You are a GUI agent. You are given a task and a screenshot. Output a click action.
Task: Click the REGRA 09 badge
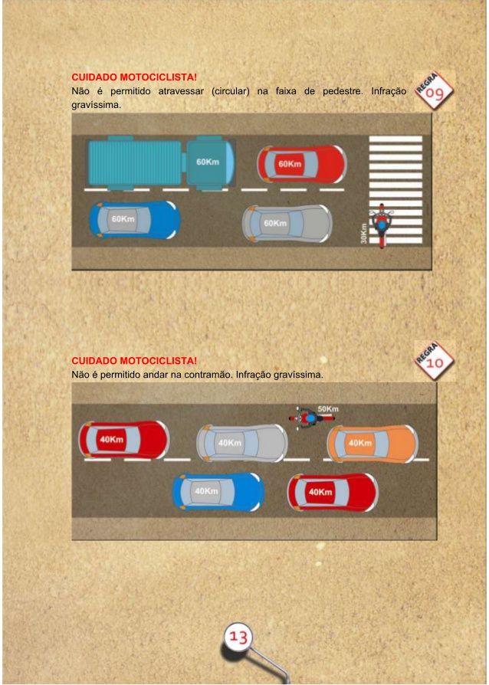tap(434, 91)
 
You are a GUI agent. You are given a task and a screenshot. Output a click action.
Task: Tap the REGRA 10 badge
tap(434, 361)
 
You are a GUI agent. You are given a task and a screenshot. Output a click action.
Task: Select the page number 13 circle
tap(238, 637)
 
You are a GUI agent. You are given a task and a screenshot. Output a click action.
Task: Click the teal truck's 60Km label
tap(208, 162)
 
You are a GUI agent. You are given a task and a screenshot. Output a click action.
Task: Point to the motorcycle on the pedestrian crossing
tap(382, 225)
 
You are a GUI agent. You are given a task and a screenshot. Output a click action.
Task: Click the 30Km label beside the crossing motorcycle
tap(363, 233)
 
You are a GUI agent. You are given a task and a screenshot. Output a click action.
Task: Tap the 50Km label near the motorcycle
tap(328, 409)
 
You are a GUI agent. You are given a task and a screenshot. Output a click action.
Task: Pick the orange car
tap(372, 443)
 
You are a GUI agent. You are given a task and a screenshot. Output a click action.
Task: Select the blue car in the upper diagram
tap(135, 219)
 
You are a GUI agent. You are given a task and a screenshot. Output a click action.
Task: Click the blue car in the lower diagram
tap(218, 492)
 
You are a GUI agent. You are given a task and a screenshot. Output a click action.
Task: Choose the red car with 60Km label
tap(302, 164)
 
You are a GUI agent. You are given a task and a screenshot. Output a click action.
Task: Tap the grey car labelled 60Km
tap(287, 224)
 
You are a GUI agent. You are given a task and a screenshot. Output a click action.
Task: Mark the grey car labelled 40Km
tap(241, 443)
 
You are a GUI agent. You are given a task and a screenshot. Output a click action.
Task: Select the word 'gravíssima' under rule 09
tap(96, 105)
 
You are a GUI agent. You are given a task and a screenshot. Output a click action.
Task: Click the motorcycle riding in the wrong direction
tap(311, 418)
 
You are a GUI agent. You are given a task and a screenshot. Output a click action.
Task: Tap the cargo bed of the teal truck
tap(135, 162)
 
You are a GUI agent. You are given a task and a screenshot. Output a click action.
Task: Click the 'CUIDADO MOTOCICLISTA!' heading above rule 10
tap(134, 361)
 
